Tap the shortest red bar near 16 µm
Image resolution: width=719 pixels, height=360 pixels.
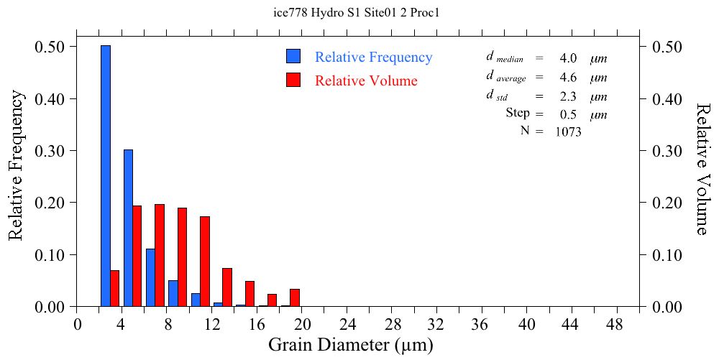[273, 300]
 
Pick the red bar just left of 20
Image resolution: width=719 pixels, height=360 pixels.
[295, 297]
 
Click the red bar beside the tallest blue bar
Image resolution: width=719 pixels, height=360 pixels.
[114, 288]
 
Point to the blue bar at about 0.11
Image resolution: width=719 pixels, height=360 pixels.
[150, 278]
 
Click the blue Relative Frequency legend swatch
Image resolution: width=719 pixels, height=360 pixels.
[293, 57]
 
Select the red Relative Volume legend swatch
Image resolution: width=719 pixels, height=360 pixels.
[293, 80]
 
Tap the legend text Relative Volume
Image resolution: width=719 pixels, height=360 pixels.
[366, 80]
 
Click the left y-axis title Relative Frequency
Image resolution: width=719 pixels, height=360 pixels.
[16, 165]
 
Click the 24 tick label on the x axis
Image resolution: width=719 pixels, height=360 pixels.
[347, 324]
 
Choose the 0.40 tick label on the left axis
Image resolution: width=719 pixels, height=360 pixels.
[50, 98]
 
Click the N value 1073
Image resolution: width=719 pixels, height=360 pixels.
[568, 131]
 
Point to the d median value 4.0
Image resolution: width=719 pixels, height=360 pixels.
[568, 58]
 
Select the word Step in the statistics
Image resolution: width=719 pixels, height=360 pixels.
[518, 114]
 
